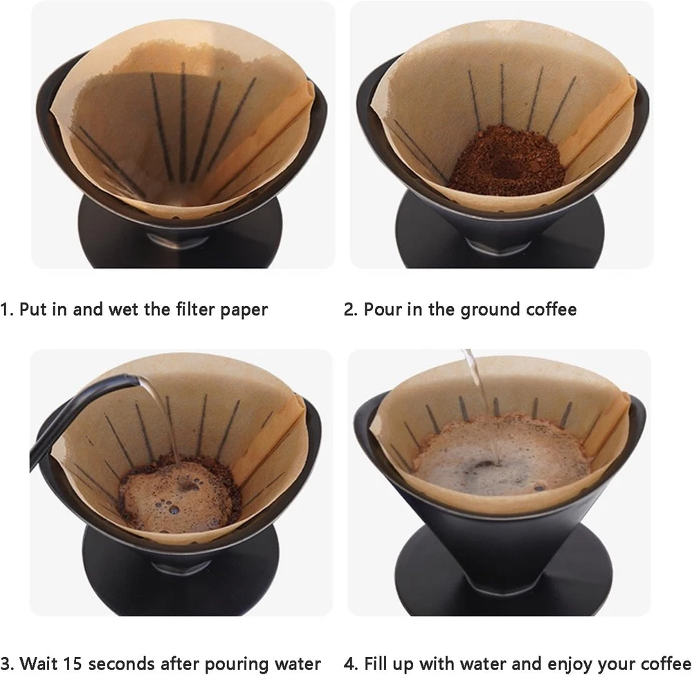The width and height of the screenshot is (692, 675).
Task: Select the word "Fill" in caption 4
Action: [x=375, y=663]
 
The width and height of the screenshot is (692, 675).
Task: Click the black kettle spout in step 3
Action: [x=84, y=397]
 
